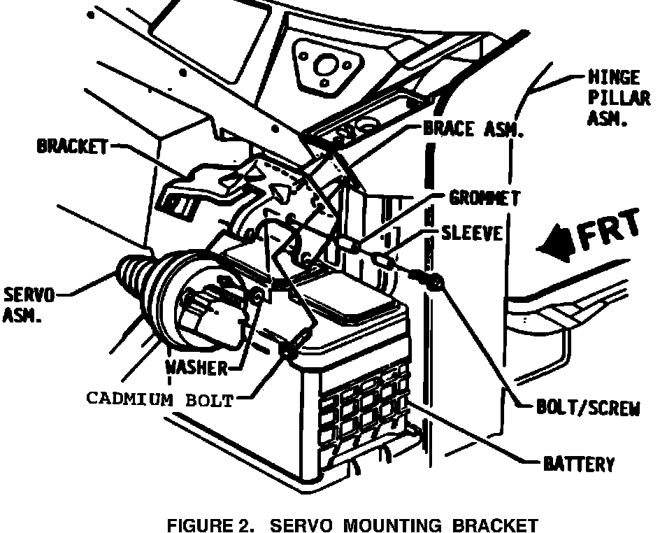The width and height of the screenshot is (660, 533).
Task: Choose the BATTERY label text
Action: click(x=579, y=463)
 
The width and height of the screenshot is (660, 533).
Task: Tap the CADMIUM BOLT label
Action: click(x=159, y=399)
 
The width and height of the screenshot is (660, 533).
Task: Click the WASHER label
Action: click(x=196, y=368)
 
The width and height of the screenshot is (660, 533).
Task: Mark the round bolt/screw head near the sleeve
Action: click(x=436, y=283)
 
